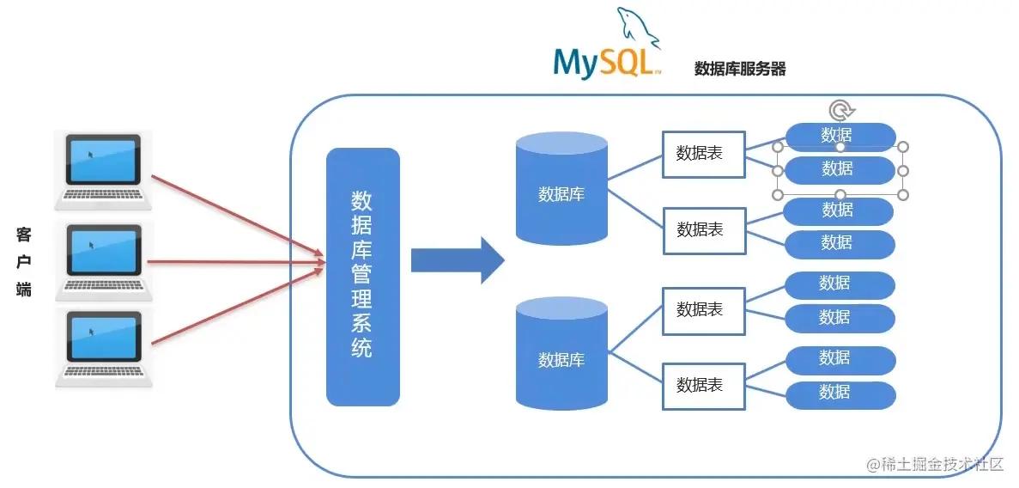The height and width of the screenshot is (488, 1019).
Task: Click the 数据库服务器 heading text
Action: click(740, 70)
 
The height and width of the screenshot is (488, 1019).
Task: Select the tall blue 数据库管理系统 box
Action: click(362, 277)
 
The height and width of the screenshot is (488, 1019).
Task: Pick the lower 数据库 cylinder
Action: click(561, 354)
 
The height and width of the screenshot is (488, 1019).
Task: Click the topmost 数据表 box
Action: click(704, 154)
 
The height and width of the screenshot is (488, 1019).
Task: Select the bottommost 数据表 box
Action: click(704, 385)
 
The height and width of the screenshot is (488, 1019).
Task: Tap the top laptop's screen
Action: click(103, 161)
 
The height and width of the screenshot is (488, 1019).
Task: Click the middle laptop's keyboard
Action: click(103, 288)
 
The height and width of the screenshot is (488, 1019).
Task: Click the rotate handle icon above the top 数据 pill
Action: click(842, 110)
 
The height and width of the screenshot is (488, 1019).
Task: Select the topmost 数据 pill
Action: click(840, 137)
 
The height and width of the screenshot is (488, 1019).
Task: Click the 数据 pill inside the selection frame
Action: click(840, 169)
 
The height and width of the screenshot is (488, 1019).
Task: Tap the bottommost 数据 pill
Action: click(840, 393)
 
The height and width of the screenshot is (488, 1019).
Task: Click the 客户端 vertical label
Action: click(24, 262)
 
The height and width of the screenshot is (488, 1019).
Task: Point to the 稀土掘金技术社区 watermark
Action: click(935, 464)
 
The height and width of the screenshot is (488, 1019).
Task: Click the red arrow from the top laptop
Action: click(236, 215)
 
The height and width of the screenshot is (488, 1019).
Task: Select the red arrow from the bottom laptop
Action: click(236, 305)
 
